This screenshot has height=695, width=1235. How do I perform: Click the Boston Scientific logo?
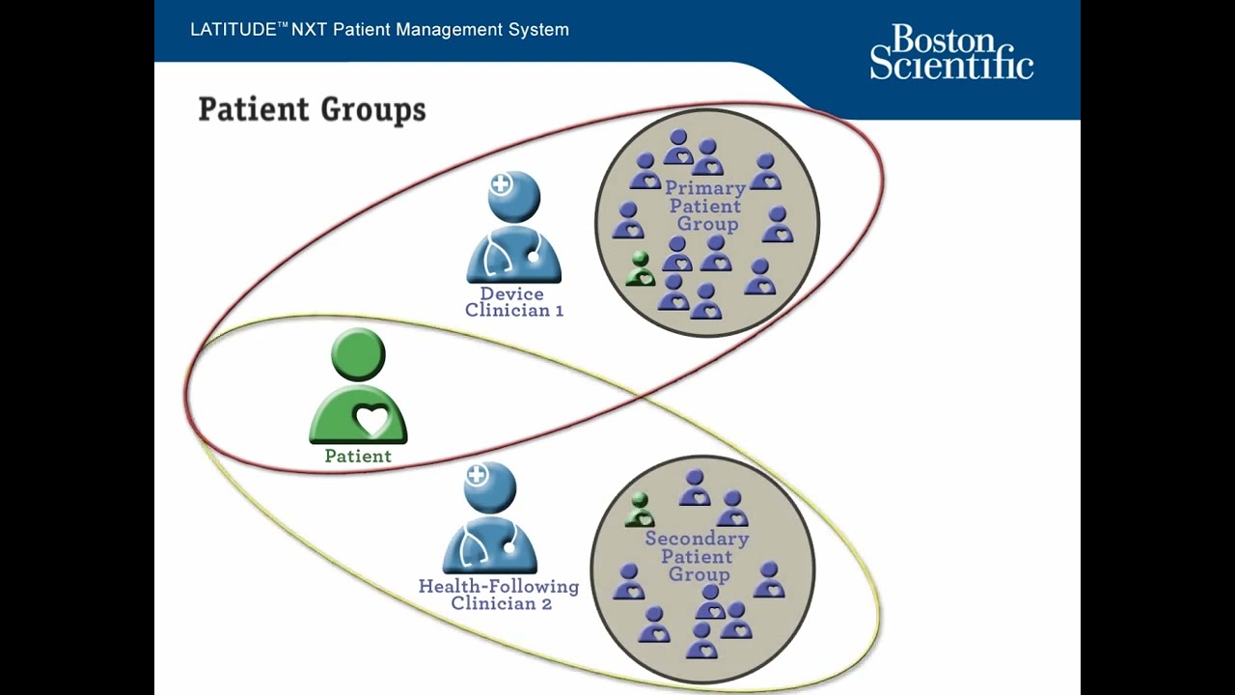pyautogui.click(x=950, y=52)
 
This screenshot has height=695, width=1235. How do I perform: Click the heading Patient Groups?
pyautogui.click(x=312, y=109)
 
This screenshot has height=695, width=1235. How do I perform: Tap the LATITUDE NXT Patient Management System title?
pyautogui.click(x=379, y=30)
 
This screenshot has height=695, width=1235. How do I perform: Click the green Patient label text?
pyautogui.click(x=358, y=457)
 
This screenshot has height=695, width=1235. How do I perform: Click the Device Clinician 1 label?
pyautogui.click(x=513, y=302)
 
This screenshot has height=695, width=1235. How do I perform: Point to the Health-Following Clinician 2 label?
pyautogui.click(x=499, y=595)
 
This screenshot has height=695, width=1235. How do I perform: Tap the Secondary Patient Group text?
pyautogui.click(x=697, y=556)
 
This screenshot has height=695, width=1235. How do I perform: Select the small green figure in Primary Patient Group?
pyautogui.click(x=640, y=269)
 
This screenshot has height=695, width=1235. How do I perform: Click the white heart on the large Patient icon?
pyautogui.click(x=372, y=419)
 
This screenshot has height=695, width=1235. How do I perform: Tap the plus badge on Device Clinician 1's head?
pyautogui.click(x=501, y=184)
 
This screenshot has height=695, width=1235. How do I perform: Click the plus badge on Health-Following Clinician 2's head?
pyautogui.click(x=477, y=475)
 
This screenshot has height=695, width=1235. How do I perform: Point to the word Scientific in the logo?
pyautogui.click(x=950, y=66)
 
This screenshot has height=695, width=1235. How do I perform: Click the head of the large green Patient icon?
pyautogui.click(x=358, y=353)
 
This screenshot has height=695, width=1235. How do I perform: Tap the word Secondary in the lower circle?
pyautogui.click(x=697, y=539)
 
